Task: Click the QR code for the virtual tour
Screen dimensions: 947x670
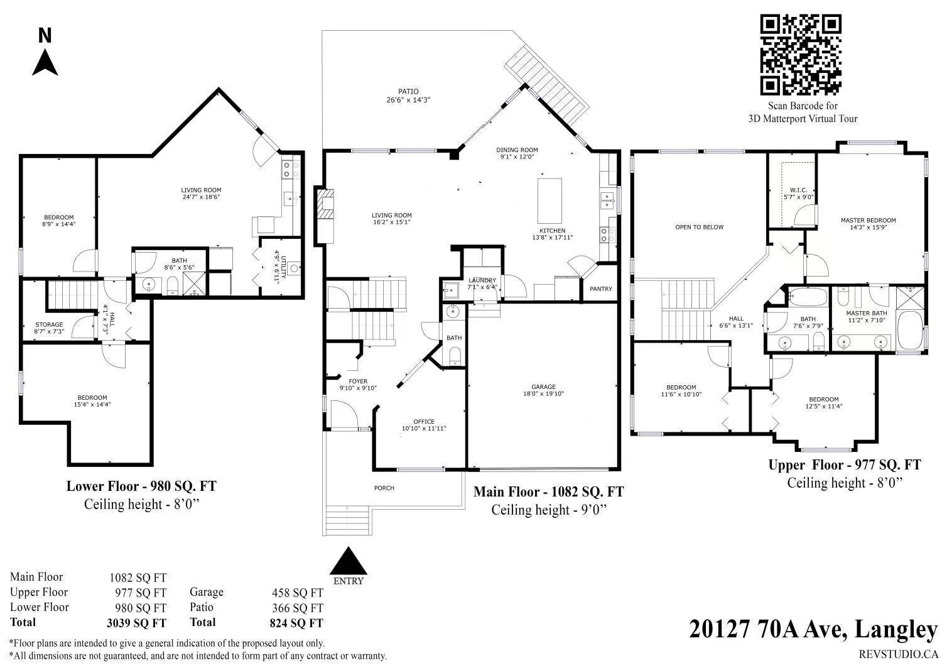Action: click(x=801, y=55)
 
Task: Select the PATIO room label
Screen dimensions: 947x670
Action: click(x=408, y=91)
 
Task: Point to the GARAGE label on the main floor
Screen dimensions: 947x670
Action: click(x=544, y=387)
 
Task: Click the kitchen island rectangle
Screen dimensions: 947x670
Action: click(x=549, y=200)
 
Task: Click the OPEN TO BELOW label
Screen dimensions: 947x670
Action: click(x=699, y=228)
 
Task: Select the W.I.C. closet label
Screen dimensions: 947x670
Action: click(x=798, y=190)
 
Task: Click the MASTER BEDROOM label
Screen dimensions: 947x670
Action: click(x=869, y=221)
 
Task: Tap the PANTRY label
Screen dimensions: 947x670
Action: click(x=601, y=288)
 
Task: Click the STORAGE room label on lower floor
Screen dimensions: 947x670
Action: click(x=49, y=325)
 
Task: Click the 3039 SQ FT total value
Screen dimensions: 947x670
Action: click(x=136, y=623)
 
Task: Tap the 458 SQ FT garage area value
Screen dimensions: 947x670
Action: click(x=298, y=593)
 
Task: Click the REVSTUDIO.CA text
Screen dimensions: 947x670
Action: click(x=899, y=654)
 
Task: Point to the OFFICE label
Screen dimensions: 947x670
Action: click(x=424, y=422)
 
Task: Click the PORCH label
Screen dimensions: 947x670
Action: click(x=384, y=488)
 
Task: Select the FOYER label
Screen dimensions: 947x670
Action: click(x=358, y=382)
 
